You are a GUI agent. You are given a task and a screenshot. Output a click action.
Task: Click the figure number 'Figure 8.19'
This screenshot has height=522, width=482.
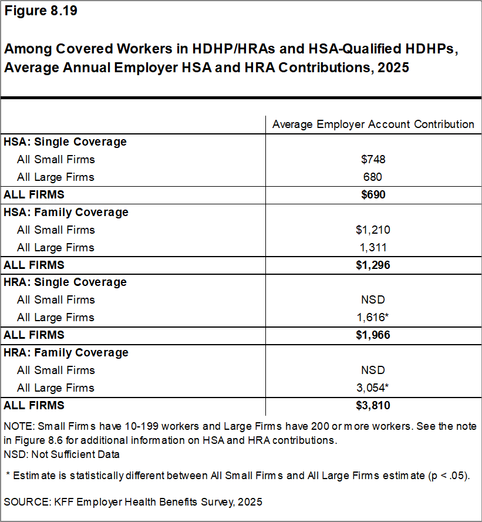tap(41, 12)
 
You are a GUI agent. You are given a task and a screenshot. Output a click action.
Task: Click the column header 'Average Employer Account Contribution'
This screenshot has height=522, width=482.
tap(373, 124)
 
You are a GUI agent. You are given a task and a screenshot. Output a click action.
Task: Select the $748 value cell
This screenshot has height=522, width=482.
tap(373, 159)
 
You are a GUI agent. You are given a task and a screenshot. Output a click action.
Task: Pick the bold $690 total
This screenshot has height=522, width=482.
tap(373, 194)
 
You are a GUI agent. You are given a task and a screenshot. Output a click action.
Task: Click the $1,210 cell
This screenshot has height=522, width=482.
tap(373, 230)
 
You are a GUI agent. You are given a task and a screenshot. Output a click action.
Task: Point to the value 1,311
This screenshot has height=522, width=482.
tap(373, 247)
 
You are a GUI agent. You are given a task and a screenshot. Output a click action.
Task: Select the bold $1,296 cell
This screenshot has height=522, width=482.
tap(373, 265)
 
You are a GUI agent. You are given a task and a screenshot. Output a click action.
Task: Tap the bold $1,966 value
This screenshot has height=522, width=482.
tap(373, 335)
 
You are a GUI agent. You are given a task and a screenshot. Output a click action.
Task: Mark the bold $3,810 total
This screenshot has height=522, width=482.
tap(373, 405)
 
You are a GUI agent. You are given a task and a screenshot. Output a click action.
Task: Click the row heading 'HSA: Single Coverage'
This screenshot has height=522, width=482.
tap(65, 142)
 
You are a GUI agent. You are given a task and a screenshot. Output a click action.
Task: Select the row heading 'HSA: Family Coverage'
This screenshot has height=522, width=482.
tap(66, 212)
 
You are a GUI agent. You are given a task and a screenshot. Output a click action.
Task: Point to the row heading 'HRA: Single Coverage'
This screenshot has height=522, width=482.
tap(65, 282)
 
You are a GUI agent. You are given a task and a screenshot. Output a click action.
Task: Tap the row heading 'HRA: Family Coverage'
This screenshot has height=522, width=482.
tap(66, 352)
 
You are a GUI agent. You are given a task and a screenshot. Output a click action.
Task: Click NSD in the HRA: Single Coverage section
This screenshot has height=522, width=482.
tap(373, 299)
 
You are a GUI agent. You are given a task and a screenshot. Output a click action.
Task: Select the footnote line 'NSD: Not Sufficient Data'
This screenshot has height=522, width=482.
tap(62, 453)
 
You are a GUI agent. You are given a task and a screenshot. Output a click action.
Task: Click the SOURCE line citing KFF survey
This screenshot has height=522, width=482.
tap(133, 502)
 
